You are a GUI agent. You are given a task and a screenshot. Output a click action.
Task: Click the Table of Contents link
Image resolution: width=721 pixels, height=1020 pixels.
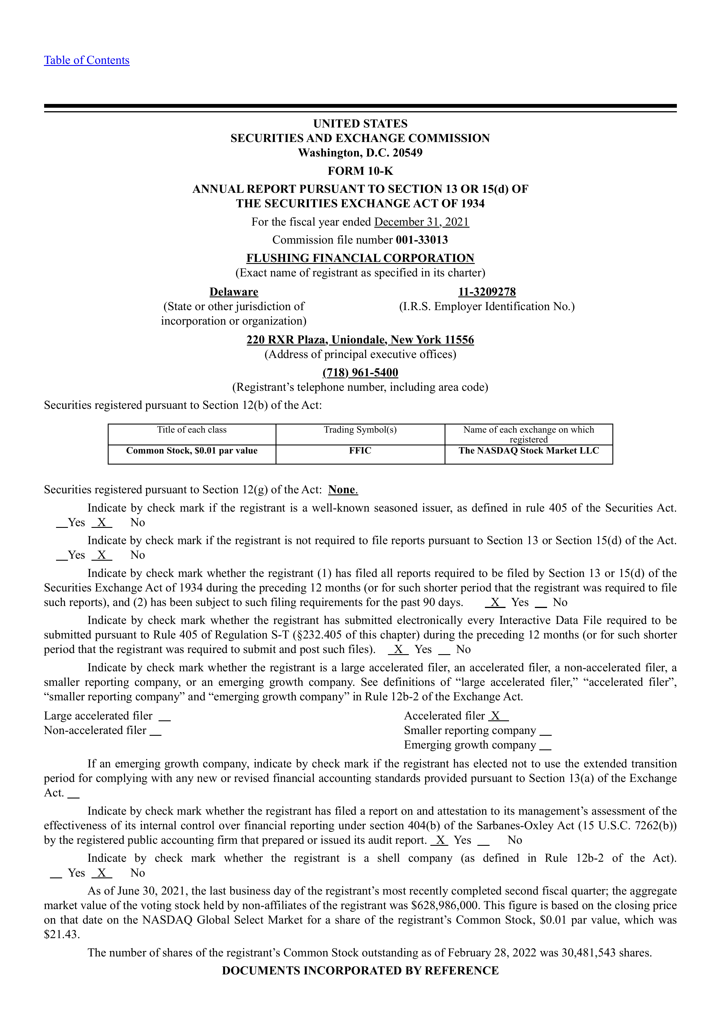pos(87,60)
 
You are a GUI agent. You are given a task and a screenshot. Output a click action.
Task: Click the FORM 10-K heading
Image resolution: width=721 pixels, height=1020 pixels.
pos(360,171)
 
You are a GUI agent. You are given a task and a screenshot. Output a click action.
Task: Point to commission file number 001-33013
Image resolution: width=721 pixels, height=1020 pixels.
pos(422,240)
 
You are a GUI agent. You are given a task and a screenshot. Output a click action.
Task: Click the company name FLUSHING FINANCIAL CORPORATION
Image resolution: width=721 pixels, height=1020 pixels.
pos(360,258)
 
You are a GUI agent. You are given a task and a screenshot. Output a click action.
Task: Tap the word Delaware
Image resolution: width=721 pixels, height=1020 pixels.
pos(234,292)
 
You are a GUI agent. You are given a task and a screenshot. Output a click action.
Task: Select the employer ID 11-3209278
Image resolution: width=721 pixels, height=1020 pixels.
pos(487,292)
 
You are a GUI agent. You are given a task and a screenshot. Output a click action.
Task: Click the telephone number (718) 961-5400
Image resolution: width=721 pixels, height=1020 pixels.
pos(360,373)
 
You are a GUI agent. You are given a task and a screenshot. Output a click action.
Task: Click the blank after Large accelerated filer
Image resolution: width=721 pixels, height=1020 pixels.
pos(164,717)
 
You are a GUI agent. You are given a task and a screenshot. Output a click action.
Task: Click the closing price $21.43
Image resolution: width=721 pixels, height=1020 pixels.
pos(62,935)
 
